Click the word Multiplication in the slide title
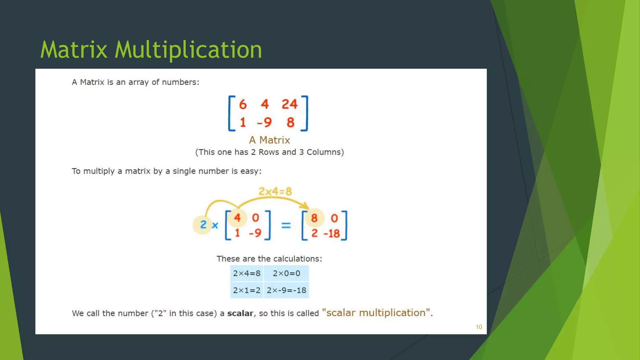point(188,50)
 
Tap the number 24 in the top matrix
point(289,104)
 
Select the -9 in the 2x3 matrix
point(264,122)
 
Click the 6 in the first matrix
point(243,104)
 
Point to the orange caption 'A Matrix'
point(269,140)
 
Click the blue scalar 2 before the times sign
point(203,224)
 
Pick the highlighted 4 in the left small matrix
point(237,217)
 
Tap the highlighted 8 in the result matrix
point(314,218)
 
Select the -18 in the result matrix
point(332,233)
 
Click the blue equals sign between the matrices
point(286,225)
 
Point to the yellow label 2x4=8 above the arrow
point(275,191)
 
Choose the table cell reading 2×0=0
point(286,273)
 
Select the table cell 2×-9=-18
point(286,290)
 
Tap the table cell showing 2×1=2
point(247,290)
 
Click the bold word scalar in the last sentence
point(240,313)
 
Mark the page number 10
point(479,327)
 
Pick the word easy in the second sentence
point(249,171)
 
